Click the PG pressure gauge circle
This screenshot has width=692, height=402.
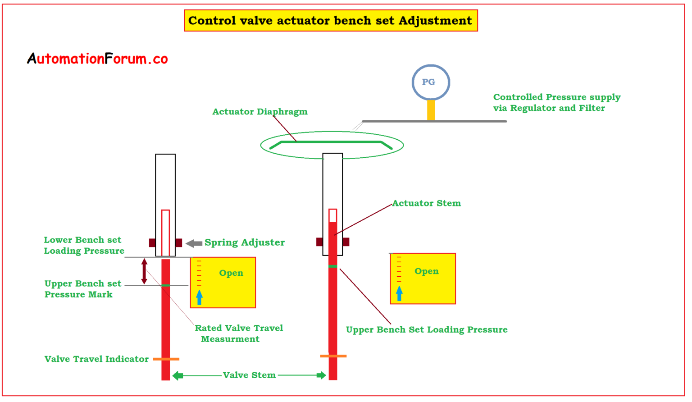coord(431,82)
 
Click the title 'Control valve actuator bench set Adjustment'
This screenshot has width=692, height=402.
coord(330,21)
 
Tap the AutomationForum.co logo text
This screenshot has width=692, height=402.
coord(97,59)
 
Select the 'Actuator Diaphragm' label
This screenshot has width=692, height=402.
coord(260,112)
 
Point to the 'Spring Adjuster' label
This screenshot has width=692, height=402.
coord(245,242)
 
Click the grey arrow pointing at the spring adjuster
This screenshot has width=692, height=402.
coord(194,243)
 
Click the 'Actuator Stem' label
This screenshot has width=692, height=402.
coord(426,203)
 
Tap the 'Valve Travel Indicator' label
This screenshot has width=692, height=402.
coord(96,359)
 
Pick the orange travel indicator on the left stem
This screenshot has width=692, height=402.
coord(166,359)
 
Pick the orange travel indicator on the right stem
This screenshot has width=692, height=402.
coord(333,356)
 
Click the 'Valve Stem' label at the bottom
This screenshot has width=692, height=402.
coord(249,375)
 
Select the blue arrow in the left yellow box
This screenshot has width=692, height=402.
coord(199,297)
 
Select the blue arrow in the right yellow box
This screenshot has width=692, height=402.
coord(399,293)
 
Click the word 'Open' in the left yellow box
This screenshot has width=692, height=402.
coord(231,273)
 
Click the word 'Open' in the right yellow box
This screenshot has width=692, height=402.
coord(426,271)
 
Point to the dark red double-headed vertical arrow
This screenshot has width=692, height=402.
coord(144,271)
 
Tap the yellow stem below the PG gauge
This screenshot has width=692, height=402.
coord(431,110)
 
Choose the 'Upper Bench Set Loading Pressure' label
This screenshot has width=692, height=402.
coord(426,330)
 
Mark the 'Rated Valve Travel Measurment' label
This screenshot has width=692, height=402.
coord(238,333)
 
